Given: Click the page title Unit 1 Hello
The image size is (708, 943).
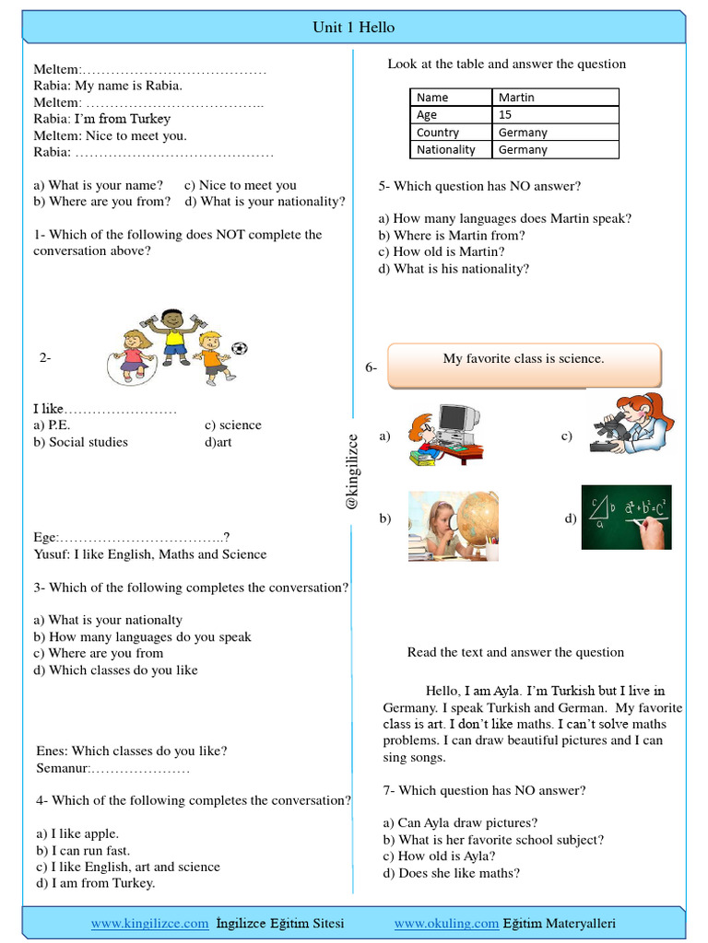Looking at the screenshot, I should tap(354, 28).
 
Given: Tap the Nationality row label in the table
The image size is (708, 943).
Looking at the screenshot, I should tap(446, 150).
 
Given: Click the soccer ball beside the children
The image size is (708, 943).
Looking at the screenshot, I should tap(240, 349).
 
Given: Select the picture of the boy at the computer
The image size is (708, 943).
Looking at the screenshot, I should tap(446, 431).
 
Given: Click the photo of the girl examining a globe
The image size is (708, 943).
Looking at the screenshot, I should tap(453, 526).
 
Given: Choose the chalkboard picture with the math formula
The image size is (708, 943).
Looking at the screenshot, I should tap(626, 517).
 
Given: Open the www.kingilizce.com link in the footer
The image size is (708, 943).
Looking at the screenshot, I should tap(149, 923).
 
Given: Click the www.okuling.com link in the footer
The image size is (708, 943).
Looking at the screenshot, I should tap(446, 923).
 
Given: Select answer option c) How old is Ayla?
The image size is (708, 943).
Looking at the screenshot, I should tap(437, 856).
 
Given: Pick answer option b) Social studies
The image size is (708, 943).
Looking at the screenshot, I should tap(81, 442).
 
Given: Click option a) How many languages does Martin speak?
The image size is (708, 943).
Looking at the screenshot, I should tap(505, 218).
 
